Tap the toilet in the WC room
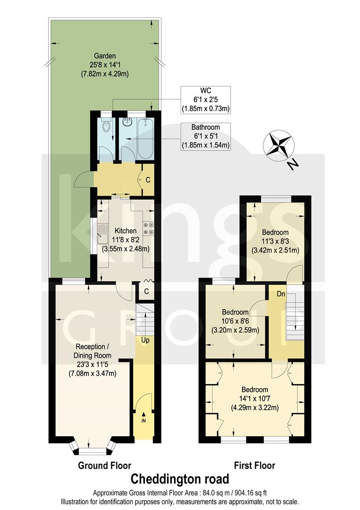pos(107,126)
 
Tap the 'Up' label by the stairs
pos(145,340)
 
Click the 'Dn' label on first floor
pos(280,293)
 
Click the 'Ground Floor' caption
pos(105,465)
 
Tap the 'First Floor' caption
pos(255,465)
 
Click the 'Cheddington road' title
pos(180,479)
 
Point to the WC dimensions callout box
pos(206,100)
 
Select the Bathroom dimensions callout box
pos(206,137)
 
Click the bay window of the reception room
pos(92,447)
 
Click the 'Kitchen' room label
pos(125,231)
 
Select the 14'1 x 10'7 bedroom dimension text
pos(255,399)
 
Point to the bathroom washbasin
pos(127,122)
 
